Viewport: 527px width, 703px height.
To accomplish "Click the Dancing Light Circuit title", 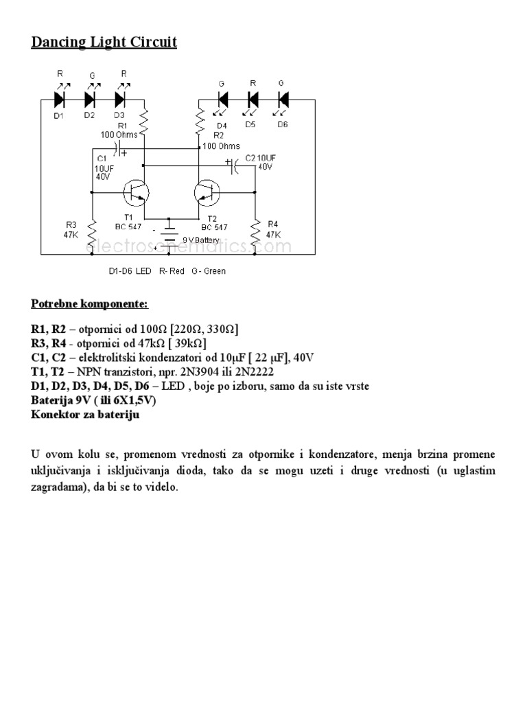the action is click(104, 43).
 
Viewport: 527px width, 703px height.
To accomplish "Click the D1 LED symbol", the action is click(59, 100).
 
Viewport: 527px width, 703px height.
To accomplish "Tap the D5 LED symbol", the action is click(252, 100).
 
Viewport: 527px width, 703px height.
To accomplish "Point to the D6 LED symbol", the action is click(282, 100).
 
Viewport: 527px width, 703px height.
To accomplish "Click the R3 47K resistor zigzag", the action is click(91, 233).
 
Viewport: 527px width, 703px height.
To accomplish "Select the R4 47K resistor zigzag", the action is click(255, 233).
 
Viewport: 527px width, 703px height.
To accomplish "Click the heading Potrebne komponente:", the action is click(89, 303).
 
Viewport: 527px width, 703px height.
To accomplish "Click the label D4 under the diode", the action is click(221, 126).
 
